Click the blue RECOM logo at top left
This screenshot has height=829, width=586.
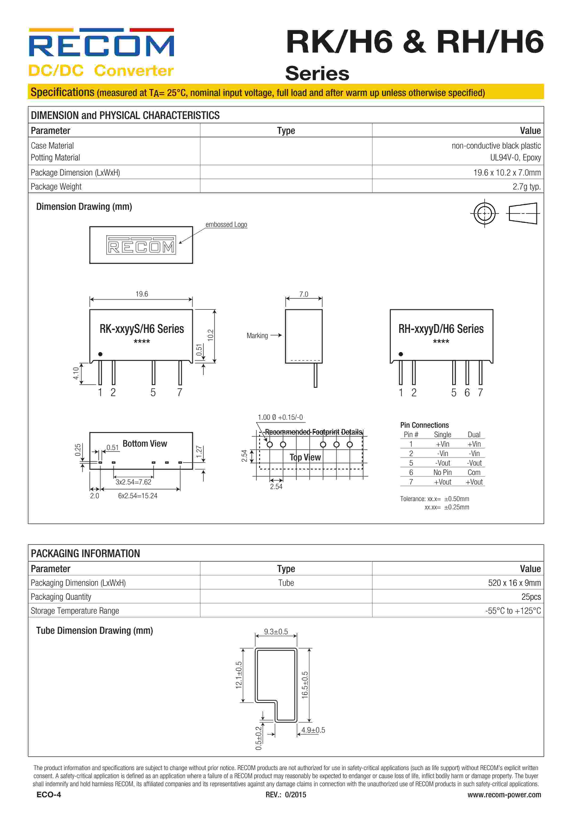coord(101,45)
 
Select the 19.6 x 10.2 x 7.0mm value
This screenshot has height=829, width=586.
coord(507,172)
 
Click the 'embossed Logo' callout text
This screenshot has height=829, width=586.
coord(226,225)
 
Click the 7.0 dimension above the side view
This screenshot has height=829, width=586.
coord(304,294)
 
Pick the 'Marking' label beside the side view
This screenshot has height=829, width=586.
coord(257,336)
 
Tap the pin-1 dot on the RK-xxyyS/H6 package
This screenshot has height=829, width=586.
coord(100,354)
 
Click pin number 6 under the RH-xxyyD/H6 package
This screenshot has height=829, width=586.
coord(467,392)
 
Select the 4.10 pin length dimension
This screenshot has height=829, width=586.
coord(76,373)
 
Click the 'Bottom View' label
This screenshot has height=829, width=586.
coord(145,444)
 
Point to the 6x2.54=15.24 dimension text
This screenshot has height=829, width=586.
coord(138,496)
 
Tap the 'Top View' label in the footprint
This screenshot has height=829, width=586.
coord(305,458)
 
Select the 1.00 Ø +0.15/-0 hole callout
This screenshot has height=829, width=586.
coord(280,417)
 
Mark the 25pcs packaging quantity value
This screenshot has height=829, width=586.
coord(531,597)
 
